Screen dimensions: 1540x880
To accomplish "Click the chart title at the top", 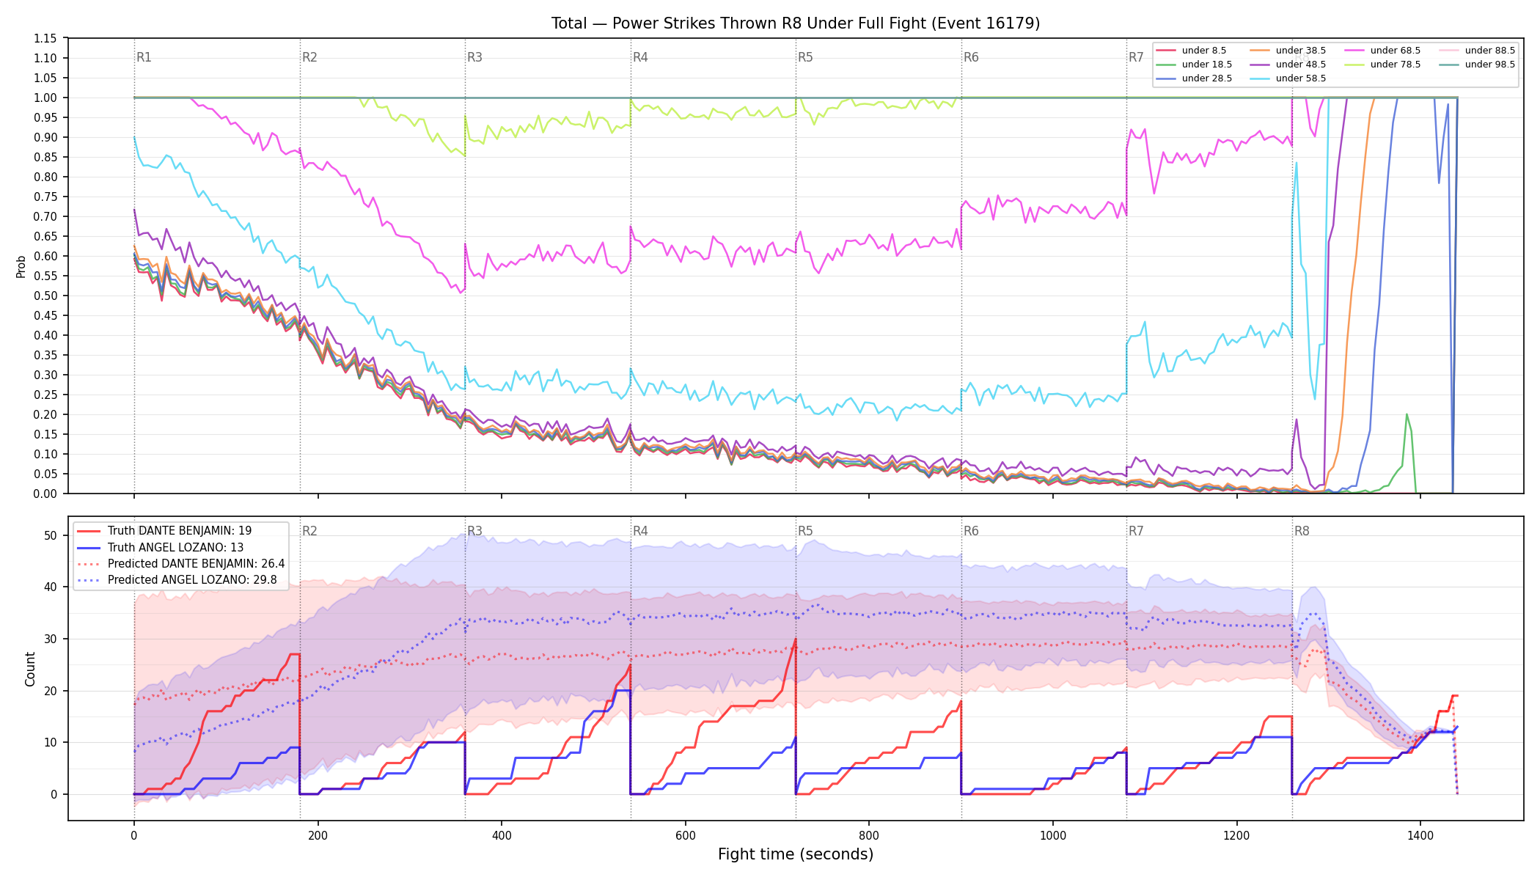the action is (x=796, y=23).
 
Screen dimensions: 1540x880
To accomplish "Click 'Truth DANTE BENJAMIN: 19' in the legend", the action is (x=180, y=531).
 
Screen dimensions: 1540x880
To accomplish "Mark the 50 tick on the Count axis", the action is (x=50, y=536).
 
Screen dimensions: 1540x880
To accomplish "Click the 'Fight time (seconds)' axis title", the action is (x=796, y=854).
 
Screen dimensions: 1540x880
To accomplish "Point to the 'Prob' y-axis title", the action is (x=21, y=266).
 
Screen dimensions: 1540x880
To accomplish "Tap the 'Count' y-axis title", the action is (x=30, y=669).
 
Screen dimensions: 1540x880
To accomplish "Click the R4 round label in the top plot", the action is (x=640, y=57).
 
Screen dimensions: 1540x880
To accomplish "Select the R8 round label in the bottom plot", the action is (x=1302, y=531).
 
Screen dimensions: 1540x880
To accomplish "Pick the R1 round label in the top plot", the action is (x=144, y=57).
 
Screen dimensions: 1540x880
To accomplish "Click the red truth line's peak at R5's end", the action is (x=795, y=639).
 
